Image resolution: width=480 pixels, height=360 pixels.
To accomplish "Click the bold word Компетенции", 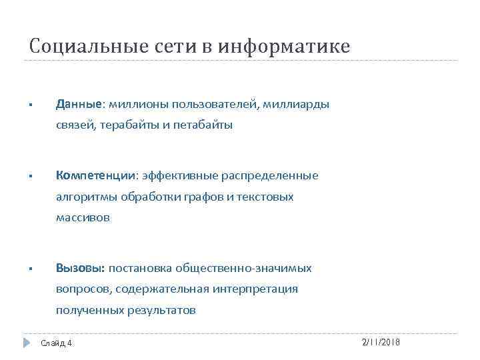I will [96, 175].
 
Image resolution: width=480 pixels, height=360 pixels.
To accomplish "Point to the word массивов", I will [83, 218].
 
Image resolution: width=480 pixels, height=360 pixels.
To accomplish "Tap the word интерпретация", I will [256, 289].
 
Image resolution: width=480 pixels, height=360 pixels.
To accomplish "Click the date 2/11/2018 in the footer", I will [380, 341].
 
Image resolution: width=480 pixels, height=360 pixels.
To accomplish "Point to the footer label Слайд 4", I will [56, 343].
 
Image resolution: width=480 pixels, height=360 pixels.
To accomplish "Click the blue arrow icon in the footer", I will [27, 343].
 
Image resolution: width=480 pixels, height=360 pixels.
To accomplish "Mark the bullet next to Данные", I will [31, 106].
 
